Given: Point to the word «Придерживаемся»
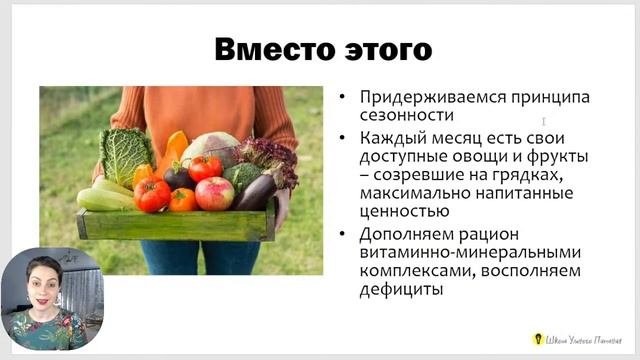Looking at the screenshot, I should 415,97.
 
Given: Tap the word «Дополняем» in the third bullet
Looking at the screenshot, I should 399,235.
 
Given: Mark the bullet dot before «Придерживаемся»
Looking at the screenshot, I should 343,98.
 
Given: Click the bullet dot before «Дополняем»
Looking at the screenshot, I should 343,236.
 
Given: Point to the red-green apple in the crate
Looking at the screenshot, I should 214,192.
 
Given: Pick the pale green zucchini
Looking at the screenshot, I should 103,197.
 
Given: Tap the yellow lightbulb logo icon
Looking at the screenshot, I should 537,339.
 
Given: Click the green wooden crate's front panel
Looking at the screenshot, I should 175,224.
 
